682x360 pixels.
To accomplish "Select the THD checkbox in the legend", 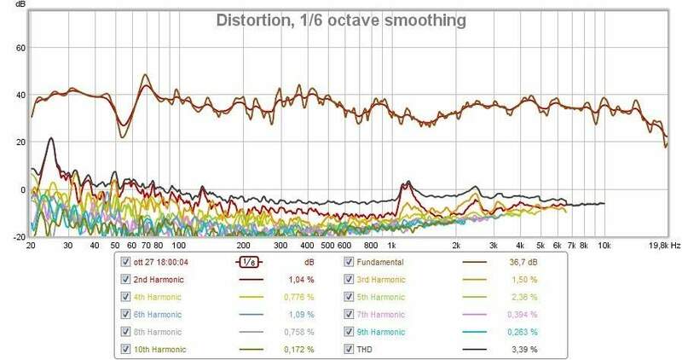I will pyautogui.click(x=349, y=349).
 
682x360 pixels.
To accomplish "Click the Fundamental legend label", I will pyautogui.click(x=380, y=262).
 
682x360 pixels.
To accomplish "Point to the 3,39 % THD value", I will pyautogui.click(x=521, y=349).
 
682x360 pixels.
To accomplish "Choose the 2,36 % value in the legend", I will pyautogui.click(x=521, y=297).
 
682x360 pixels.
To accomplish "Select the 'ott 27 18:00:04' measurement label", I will pyautogui.click(x=165, y=262).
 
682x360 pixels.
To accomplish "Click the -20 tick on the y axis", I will pyautogui.click(x=17, y=237).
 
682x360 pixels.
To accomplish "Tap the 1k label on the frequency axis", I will pyautogui.click(x=380, y=245).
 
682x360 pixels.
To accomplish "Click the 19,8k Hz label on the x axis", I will pyautogui.click(x=661, y=245).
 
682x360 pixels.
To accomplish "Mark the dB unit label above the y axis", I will pyautogui.click(x=21, y=5).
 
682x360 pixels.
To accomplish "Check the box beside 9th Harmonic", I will pyautogui.click(x=349, y=332).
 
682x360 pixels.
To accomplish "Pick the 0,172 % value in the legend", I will pyautogui.click(x=298, y=349).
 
